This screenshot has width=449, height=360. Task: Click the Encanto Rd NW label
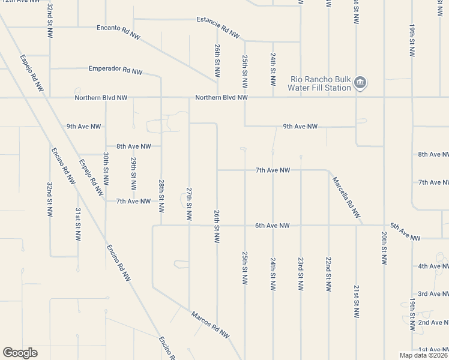118,32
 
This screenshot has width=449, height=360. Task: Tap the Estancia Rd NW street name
214,24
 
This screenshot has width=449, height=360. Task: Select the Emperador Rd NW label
115,70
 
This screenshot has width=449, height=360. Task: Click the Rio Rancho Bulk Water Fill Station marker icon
360,83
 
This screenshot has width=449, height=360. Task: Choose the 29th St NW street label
133,173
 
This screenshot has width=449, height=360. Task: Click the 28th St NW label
161,196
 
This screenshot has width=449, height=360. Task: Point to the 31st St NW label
78,224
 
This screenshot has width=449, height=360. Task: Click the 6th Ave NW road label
272,226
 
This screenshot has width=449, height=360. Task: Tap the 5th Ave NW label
405,232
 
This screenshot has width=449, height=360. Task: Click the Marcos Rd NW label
210,323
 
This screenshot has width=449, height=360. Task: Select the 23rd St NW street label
300,274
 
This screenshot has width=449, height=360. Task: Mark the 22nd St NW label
328,274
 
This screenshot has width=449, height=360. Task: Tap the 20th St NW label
384,248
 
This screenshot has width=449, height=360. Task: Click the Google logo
20,353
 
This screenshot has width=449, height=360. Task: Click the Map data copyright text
423,355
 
